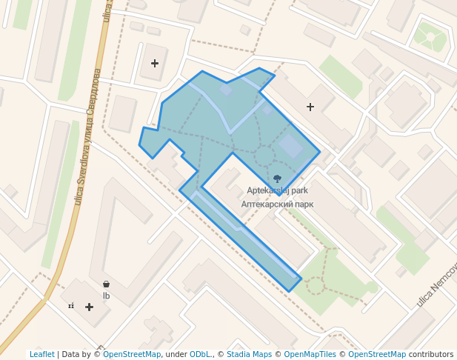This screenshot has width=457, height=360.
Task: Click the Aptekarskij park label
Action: pos(277,191)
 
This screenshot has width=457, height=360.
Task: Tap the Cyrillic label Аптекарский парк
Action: pos(277,203)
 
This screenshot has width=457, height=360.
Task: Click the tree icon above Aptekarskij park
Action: pos(278,179)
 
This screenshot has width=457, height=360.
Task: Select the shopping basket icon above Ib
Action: pos(107,284)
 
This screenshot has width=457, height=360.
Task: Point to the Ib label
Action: pos(107,296)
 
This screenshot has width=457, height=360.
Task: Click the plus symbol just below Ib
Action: pos(89,307)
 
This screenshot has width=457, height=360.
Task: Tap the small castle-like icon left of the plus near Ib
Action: pos(72,306)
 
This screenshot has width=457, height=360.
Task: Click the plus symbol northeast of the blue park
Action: pos(310,107)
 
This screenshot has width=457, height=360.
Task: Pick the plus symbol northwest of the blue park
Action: pos(155,64)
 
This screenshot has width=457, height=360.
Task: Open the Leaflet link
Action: pos(42,354)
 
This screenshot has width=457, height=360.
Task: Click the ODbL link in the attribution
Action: pos(200,354)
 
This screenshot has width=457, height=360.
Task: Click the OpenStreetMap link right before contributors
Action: pos(377,354)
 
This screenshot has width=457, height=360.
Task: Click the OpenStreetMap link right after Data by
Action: pos(132,354)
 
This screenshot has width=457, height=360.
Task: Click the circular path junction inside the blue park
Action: pos(264,157)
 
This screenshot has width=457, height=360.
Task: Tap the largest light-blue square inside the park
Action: pos(290,147)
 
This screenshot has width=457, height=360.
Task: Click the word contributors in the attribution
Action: pos(431,354)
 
